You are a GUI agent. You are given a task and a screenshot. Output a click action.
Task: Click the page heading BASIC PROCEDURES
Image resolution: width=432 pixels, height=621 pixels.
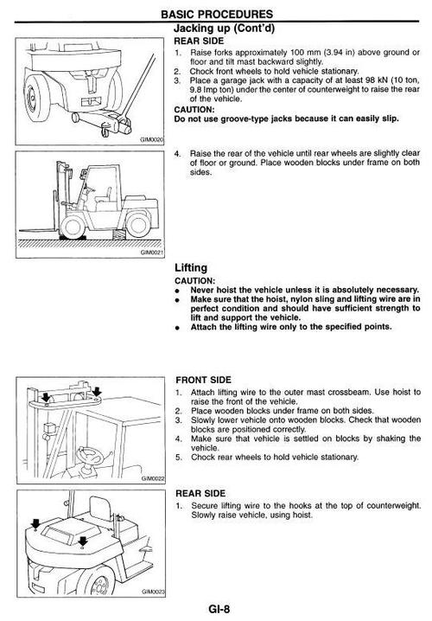(x=217, y=14)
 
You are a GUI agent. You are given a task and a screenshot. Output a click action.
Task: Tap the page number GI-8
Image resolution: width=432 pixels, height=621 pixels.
(x=219, y=608)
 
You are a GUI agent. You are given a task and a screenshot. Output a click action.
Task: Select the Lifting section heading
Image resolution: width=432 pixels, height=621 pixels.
(x=191, y=268)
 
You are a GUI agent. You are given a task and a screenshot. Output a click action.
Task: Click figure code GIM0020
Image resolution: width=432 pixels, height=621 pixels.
(x=152, y=139)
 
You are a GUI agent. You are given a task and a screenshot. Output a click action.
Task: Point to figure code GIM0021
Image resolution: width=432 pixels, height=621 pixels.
(x=152, y=253)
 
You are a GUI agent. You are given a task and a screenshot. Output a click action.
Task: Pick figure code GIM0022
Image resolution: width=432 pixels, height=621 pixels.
(x=153, y=478)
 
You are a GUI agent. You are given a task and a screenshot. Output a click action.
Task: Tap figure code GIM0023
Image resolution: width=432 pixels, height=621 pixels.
(x=154, y=592)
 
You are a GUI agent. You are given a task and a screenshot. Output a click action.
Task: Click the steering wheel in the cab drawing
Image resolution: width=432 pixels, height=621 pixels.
(x=90, y=456)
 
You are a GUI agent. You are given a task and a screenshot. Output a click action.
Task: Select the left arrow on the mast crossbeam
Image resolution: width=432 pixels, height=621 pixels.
(x=47, y=397)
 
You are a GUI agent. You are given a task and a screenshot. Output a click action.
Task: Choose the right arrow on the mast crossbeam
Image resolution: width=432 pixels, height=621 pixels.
(x=97, y=392)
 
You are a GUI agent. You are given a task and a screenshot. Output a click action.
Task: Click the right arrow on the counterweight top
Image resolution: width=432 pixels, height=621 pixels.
(x=82, y=541)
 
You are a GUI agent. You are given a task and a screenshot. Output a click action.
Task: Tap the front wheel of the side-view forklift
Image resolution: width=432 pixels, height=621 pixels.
(x=73, y=226)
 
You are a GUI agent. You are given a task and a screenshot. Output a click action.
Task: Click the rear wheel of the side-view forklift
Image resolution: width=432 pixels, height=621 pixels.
(x=138, y=224)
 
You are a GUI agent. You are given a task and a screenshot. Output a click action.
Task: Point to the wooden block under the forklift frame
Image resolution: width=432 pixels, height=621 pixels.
(x=119, y=234)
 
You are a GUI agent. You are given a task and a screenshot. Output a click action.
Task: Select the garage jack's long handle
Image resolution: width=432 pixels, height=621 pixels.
(x=140, y=86)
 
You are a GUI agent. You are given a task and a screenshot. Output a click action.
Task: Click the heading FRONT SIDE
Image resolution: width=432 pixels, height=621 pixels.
(x=203, y=380)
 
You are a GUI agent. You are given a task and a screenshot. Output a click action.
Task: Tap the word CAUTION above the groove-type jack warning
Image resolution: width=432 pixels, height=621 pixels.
(x=194, y=109)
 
